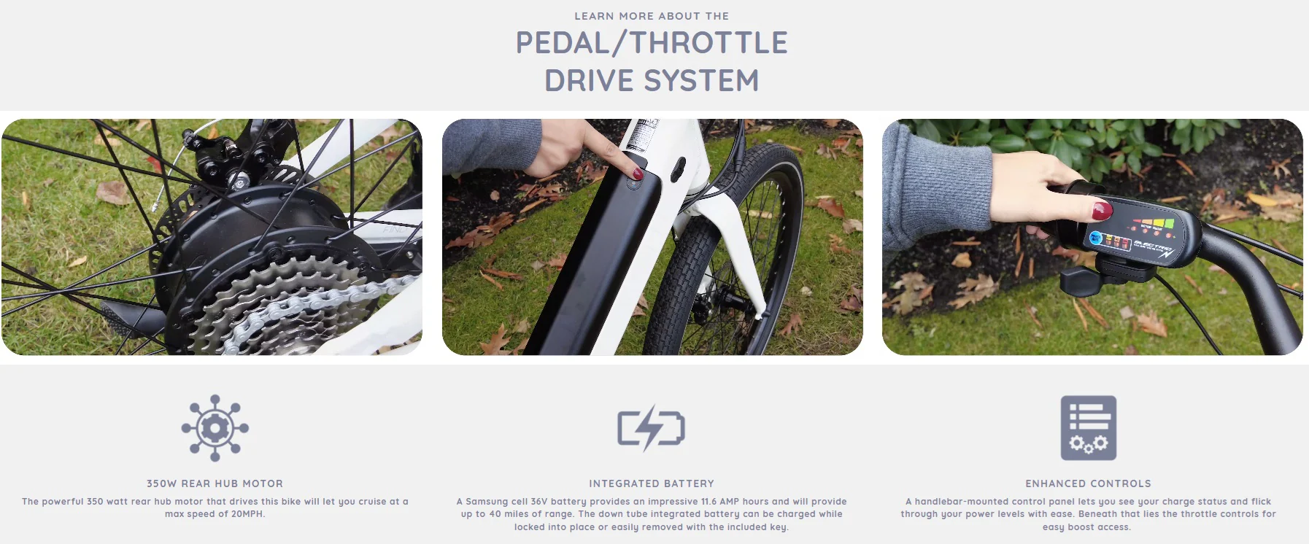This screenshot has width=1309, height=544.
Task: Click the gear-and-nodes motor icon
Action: pos(215,428)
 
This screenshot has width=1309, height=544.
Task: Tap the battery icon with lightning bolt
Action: pos(651,428)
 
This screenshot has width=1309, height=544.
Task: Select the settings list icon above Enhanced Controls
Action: pos(1088,428)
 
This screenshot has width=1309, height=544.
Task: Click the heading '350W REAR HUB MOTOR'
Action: pos(215,483)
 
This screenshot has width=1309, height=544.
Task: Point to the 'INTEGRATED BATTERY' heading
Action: pos(652,483)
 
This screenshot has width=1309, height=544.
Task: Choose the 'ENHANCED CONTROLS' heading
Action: pos(1088,483)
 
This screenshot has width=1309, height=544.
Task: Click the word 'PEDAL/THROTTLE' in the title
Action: pos(652,43)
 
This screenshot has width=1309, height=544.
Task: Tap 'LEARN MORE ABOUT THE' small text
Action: pos(652,16)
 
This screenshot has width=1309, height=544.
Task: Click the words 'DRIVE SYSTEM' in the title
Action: pos(652,81)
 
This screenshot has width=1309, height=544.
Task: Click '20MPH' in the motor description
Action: pos(247,514)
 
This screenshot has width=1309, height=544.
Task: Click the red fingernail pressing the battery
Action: pos(636,174)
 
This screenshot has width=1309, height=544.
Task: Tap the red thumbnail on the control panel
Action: pos(1100,211)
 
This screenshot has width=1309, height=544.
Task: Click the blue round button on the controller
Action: pos(1095,238)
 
